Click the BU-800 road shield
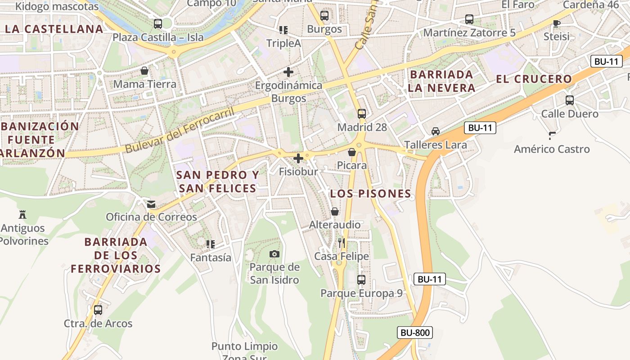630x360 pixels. click(415, 333)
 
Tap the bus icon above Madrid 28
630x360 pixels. click(362, 113)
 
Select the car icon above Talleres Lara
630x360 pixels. click(435, 131)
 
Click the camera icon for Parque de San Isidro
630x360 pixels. click(274, 254)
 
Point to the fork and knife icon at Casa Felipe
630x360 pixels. click(342, 243)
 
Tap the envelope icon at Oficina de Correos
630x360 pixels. click(151, 204)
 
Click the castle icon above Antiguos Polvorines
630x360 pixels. click(22, 214)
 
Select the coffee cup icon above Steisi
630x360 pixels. click(557, 23)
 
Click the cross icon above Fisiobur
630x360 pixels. click(298, 158)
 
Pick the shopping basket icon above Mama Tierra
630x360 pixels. click(144, 71)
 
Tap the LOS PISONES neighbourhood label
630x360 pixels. click(370, 194)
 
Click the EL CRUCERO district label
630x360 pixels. click(534, 79)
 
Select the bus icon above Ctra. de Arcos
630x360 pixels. click(98, 310)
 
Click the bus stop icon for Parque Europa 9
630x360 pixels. click(361, 280)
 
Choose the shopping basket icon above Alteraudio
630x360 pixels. click(335, 211)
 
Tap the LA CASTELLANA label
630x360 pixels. click(54, 29)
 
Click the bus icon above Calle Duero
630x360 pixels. click(570, 100)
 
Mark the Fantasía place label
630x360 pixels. click(211, 258)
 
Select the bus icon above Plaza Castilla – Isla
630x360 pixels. click(157, 24)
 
